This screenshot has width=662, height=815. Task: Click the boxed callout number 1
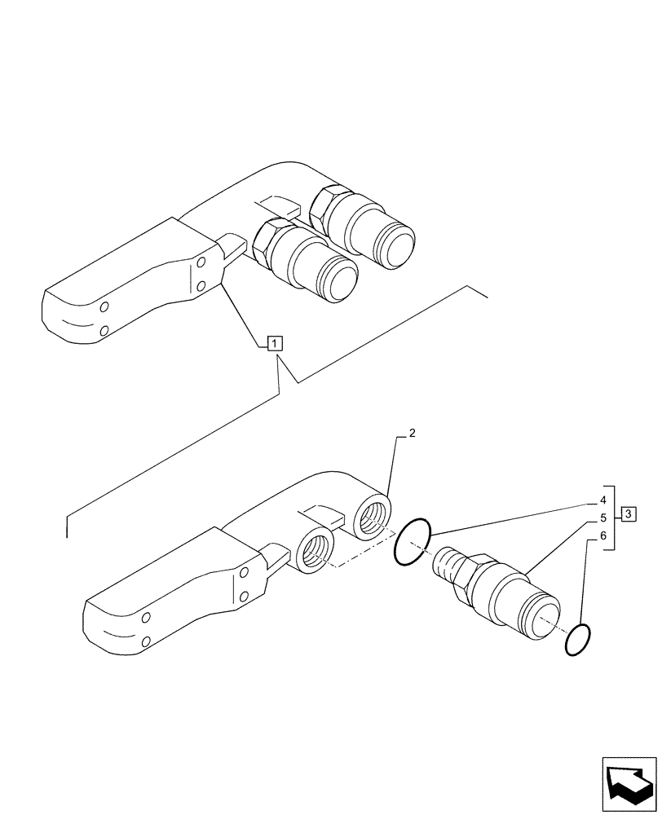276,343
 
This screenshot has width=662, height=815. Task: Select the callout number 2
413,434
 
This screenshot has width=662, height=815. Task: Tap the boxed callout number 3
628,513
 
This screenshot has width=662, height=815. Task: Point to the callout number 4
602,500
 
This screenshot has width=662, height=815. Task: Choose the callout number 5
602,518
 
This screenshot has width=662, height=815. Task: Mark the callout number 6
602,536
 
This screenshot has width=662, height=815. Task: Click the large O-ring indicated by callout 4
413,541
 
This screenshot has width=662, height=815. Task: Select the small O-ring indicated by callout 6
578,640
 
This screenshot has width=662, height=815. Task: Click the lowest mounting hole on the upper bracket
103,330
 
